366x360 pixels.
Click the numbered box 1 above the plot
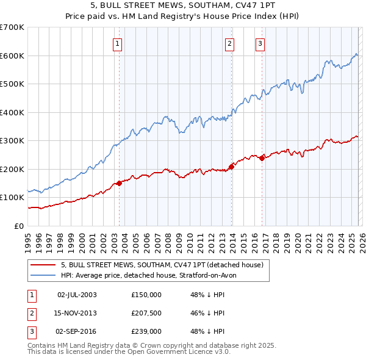pyautogui.click(x=117, y=43)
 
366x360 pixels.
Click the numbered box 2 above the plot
pyautogui.click(x=229, y=43)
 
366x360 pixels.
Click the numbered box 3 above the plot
pyautogui.click(x=260, y=43)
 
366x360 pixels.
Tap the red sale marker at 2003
pyautogui.click(x=119, y=183)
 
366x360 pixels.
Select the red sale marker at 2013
pyautogui.click(x=232, y=167)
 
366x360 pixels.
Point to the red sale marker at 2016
pyautogui.click(x=262, y=158)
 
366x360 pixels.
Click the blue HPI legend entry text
pyautogui.click(x=152, y=275)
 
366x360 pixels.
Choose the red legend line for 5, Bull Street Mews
pyautogui.click(x=43, y=265)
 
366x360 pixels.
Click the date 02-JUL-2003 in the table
pyautogui.click(x=77, y=294)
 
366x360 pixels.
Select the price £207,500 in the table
pyautogui.click(x=146, y=313)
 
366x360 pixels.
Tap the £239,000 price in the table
pyautogui.click(x=146, y=332)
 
